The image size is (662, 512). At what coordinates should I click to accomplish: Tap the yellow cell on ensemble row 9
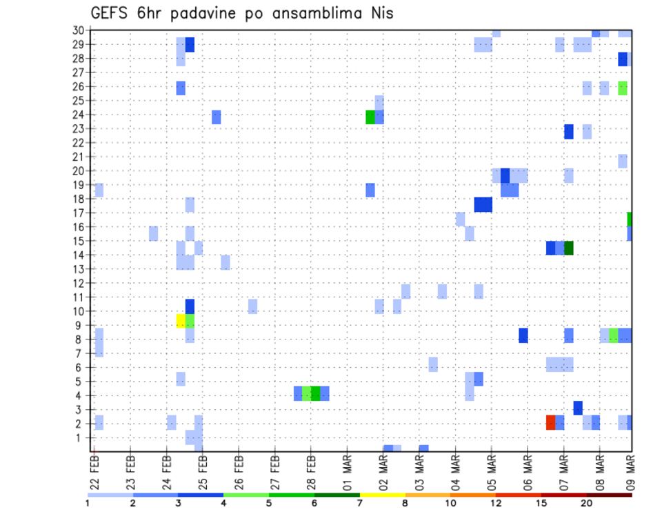point(181,321)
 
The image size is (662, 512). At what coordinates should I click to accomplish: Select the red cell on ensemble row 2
point(550,422)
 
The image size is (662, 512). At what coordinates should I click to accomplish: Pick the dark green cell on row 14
point(569,248)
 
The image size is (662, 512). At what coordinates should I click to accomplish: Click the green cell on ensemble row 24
point(370,117)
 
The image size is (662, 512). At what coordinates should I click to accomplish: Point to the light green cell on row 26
point(623,88)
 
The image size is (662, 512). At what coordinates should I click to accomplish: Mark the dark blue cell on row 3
point(578,408)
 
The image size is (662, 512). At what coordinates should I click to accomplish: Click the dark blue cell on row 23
point(569,131)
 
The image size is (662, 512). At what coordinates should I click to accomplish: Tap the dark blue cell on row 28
point(623,59)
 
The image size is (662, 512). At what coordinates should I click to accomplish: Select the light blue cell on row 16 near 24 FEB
point(154,233)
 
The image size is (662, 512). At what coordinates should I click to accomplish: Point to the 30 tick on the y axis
point(79,30)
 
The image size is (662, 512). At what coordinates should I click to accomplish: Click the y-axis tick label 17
point(79,213)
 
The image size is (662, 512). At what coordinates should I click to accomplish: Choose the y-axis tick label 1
point(81,437)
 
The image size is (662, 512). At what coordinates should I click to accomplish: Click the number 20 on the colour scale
point(586,503)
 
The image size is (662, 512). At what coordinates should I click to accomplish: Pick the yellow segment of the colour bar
point(382,495)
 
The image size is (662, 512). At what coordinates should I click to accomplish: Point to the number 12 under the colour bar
point(496,503)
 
